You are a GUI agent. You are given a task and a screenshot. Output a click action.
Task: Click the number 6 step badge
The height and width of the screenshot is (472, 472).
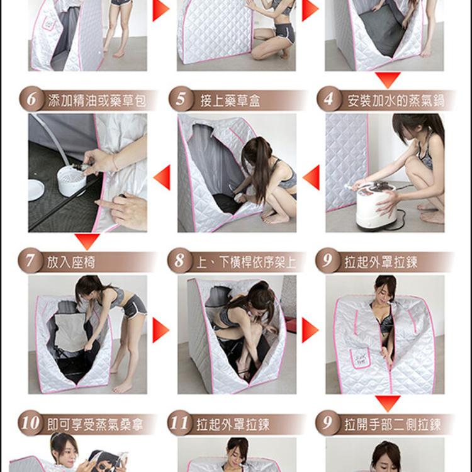(x=32, y=99)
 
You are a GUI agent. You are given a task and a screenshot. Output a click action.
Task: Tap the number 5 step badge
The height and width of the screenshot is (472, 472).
(x=181, y=99)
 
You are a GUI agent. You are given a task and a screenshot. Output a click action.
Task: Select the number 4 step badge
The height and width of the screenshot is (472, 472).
(x=329, y=99)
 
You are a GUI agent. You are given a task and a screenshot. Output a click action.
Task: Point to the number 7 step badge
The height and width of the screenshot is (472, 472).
(x=30, y=261)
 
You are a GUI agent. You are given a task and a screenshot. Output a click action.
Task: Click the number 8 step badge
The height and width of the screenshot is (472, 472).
(x=180, y=261)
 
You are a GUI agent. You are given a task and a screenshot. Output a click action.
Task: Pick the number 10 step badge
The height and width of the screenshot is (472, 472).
(x=30, y=423)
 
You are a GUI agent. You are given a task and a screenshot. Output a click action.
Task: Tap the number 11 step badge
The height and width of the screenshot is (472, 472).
(x=180, y=423)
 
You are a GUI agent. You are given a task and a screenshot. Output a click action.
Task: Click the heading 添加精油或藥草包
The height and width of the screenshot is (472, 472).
(x=97, y=101)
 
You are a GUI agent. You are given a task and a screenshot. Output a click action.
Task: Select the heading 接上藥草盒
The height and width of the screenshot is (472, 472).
(x=230, y=101)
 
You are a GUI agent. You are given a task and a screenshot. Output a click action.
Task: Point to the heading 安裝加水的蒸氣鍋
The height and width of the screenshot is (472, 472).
(x=396, y=101)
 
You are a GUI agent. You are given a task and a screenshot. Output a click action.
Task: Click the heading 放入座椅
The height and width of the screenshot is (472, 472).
(x=71, y=262)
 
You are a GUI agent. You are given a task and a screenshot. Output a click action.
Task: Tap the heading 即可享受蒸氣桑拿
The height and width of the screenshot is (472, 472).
(x=96, y=424)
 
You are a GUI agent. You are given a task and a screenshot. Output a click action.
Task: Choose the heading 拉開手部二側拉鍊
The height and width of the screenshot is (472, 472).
(x=393, y=424)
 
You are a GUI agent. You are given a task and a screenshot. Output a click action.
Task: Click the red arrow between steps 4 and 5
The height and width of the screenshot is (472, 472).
(x=312, y=177)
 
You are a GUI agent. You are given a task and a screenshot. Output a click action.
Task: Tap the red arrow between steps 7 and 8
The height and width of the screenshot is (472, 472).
(x=160, y=330)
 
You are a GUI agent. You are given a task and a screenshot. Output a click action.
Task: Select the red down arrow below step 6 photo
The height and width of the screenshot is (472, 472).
(x=87, y=242)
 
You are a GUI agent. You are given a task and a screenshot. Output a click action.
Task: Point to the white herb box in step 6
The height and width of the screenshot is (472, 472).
(x=72, y=181)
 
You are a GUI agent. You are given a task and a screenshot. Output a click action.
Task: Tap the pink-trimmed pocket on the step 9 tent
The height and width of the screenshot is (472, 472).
(x=360, y=358)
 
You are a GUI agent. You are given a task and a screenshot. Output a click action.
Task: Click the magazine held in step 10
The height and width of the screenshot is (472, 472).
(x=108, y=461)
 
